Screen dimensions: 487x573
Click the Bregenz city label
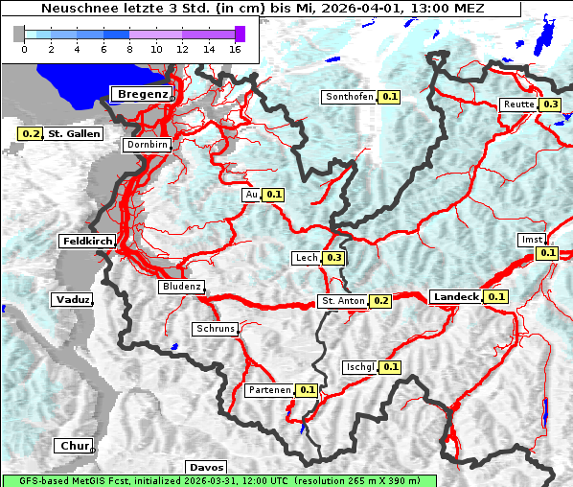(x=144, y=94)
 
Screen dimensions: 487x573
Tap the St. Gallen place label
(x=74, y=134)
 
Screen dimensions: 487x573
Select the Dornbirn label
(x=147, y=145)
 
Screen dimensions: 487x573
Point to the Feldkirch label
(x=87, y=241)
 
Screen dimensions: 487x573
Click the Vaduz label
(x=72, y=299)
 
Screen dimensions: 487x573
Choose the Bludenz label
(x=181, y=287)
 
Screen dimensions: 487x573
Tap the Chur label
(x=73, y=446)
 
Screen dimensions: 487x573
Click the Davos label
(x=207, y=467)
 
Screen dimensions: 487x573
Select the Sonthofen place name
(x=350, y=97)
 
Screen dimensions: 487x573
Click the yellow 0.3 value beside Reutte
(x=551, y=104)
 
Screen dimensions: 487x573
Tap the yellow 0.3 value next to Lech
(x=333, y=258)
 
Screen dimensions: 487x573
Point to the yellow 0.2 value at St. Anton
(x=381, y=301)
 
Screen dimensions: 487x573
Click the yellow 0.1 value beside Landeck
(x=496, y=297)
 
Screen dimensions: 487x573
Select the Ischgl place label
(x=359, y=367)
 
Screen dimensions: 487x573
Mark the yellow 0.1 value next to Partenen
(x=307, y=390)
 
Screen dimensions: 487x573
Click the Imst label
(x=531, y=239)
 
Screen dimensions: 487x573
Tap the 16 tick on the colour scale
(x=234, y=49)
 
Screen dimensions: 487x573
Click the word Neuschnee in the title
(x=73, y=9)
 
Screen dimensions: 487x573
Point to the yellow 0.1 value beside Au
(x=274, y=195)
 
